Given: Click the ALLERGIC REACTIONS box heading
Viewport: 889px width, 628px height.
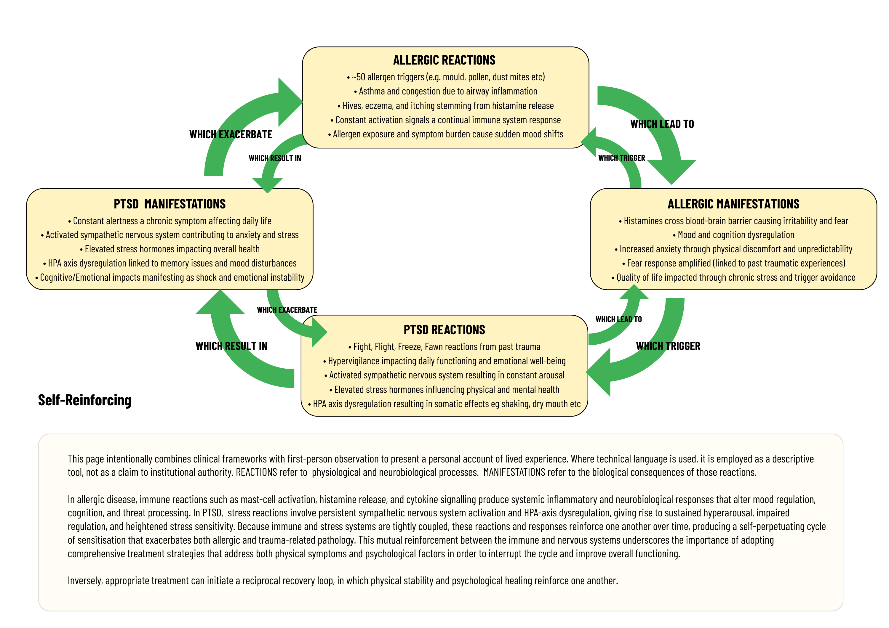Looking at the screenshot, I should [x=444, y=60].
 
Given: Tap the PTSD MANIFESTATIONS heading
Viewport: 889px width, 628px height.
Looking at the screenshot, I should [x=170, y=204].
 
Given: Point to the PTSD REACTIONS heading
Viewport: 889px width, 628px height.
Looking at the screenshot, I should [x=444, y=330].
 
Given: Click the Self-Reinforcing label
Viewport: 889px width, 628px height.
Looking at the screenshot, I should [x=84, y=400].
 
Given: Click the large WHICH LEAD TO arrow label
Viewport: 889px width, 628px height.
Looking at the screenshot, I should [x=662, y=124].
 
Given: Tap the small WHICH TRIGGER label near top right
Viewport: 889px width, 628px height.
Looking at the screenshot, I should [x=621, y=158].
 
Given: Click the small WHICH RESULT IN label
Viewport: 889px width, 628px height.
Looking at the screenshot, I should [x=274, y=158].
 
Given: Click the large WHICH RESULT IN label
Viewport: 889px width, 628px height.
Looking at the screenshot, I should [x=231, y=346].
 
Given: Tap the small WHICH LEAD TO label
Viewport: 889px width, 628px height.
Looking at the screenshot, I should [x=618, y=319].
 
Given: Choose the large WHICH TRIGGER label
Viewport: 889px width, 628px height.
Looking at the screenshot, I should [x=668, y=346].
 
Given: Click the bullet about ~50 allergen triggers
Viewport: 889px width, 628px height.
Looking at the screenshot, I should [x=446, y=77].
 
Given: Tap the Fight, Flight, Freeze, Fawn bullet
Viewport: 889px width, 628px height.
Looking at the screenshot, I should [x=444, y=347].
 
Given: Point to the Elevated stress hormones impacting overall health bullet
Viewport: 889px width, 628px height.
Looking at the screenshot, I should [x=170, y=249].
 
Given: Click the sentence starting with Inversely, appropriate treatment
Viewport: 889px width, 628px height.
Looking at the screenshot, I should [x=342, y=580].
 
